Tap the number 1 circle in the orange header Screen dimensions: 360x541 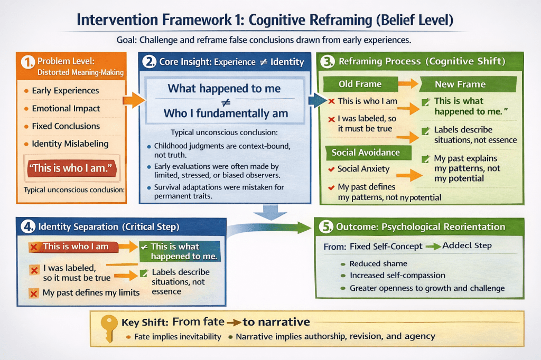click(x=27, y=62)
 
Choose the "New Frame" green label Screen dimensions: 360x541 click(x=460, y=84)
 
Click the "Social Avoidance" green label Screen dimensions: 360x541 click(x=366, y=153)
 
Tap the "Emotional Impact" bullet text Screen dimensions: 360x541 click(x=66, y=108)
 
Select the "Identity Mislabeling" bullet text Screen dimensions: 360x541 click(x=70, y=144)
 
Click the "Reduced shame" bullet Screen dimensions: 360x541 click(x=378, y=263)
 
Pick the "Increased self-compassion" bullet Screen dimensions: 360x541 click(x=397, y=276)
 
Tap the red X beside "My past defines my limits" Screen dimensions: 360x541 click(x=34, y=292)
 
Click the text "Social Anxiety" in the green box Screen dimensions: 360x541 click(x=363, y=169)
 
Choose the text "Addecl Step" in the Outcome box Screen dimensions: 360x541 click(x=467, y=246)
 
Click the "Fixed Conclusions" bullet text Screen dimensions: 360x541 click(x=66, y=126)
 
